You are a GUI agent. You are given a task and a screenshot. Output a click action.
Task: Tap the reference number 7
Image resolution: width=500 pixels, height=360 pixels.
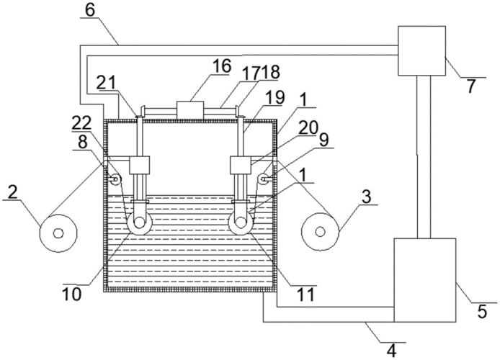472,86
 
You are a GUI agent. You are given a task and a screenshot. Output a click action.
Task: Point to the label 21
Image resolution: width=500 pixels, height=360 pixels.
108,83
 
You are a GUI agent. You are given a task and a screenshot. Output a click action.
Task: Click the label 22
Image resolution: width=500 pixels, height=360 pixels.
81,122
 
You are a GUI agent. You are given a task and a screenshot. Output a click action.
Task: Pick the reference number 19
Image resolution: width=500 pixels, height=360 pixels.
275,97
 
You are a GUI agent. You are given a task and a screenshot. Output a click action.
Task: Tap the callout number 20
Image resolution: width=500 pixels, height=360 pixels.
308,128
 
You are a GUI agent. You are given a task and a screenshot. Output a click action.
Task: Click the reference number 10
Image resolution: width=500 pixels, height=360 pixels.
72,294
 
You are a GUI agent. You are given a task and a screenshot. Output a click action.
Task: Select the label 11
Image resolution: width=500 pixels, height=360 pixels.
306,294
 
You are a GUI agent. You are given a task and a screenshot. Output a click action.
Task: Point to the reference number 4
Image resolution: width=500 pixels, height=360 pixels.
392,351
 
